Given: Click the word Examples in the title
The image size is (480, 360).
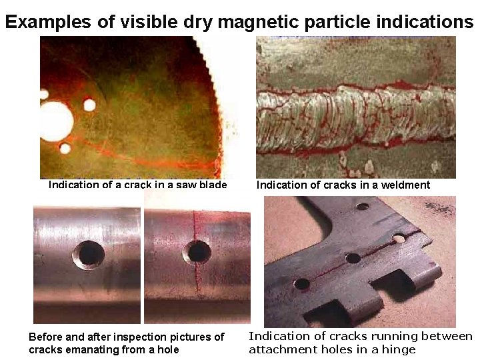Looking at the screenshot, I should [x=47, y=22].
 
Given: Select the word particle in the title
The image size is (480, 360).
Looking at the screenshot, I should [x=337, y=22].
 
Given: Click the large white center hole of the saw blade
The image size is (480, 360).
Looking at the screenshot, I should [x=55, y=122].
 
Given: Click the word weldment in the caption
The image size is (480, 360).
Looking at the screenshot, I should [x=405, y=185].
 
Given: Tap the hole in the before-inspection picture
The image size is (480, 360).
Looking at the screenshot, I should [x=89, y=255].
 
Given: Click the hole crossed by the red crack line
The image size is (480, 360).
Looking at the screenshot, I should [x=197, y=252].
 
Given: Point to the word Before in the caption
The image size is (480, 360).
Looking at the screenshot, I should [x=47, y=337].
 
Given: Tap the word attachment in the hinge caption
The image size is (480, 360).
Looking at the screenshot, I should [x=280, y=349].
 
